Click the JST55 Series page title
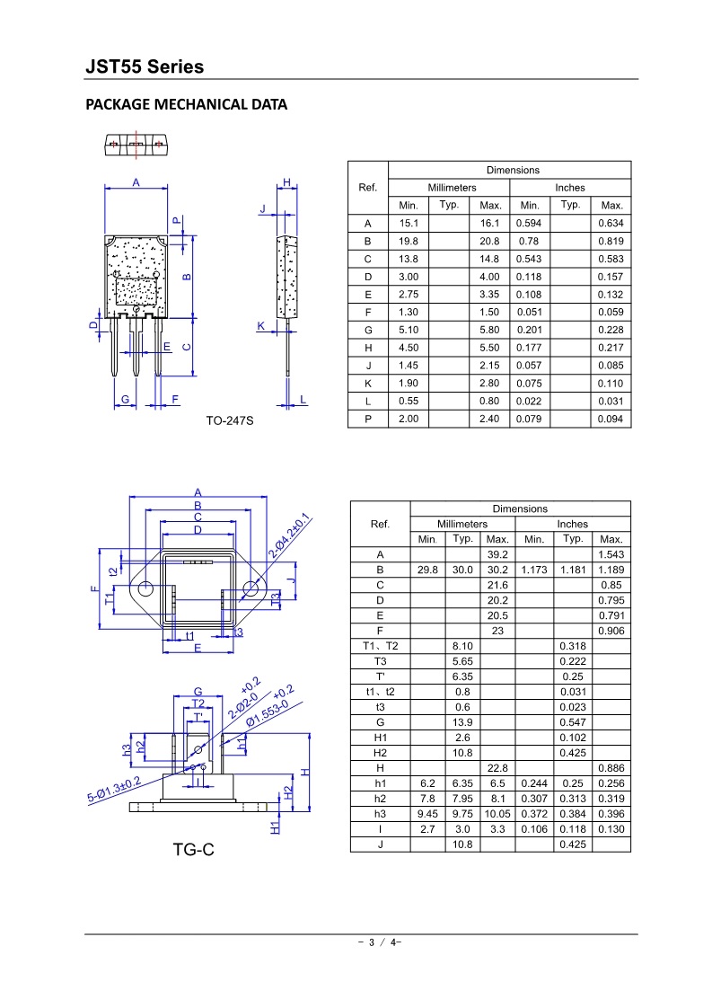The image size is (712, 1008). coord(145,67)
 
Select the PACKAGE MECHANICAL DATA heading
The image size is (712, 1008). coord(186,104)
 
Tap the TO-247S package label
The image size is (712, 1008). coord(230,420)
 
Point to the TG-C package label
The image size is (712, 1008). coord(194,848)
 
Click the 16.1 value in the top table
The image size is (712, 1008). coord(489,224)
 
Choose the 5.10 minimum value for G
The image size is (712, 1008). coord(409,331)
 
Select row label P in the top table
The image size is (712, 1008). coord(367,420)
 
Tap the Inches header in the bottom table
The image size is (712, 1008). coord(572,524)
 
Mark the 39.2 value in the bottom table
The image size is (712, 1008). coord(497,555)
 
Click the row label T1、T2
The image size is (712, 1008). coord(380,646)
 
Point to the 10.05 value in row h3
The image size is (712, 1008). coord(497,814)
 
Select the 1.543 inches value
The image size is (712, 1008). coord(611,555)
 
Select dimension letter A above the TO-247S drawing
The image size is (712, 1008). coord(136,182)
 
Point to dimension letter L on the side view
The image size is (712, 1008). coord(303,399)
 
